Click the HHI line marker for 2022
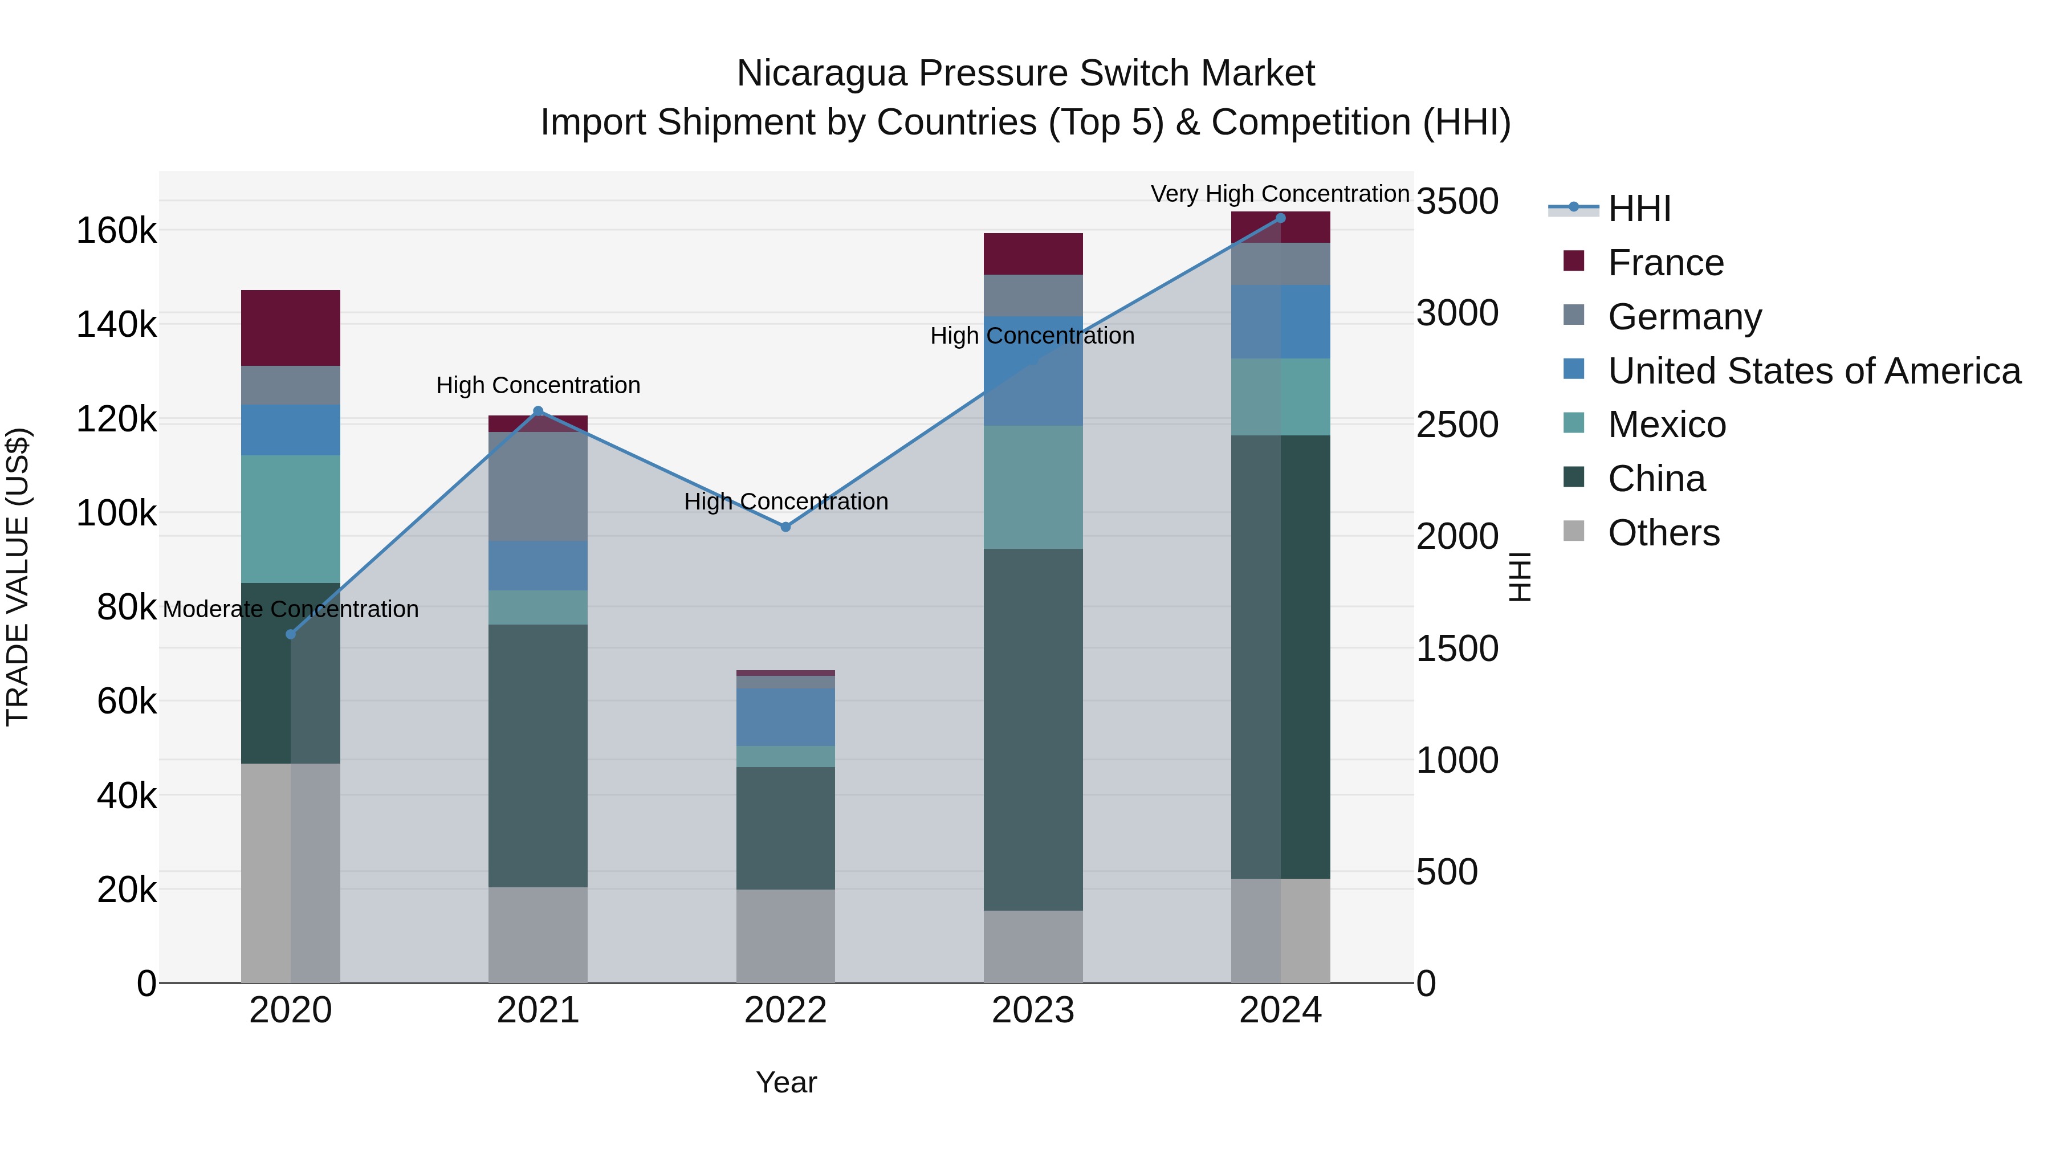[x=785, y=527]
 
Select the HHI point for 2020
[x=291, y=634]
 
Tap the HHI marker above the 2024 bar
[x=1280, y=218]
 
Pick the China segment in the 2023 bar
[x=1033, y=729]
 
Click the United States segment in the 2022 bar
[x=785, y=717]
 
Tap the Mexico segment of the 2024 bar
[x=1280, y=397]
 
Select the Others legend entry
[x=1663, y=533]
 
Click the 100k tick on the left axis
[x=116, y=513]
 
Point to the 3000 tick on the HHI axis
[x=1457, y=313]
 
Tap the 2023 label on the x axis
[x=1033, y=1010]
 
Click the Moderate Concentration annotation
[x=291, y=609]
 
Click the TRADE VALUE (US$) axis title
[x=18, y=577]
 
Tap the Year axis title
[x=785, y=1082]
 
